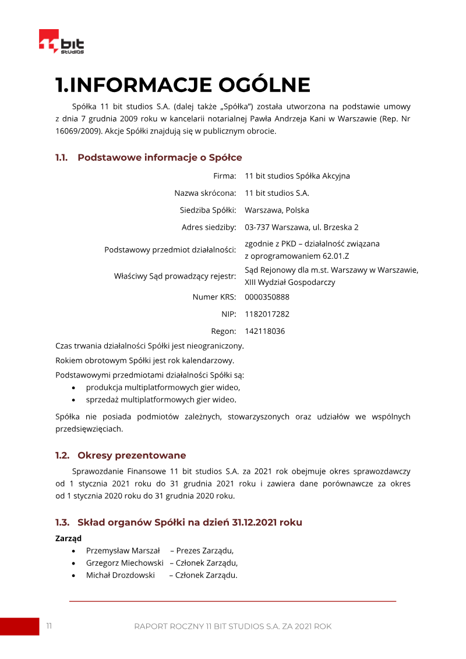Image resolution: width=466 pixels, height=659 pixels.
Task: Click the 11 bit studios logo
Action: pyautogui.click(x=61, y=42)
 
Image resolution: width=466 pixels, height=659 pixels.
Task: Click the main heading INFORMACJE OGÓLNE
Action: pyautogui.click(x=182, y=85)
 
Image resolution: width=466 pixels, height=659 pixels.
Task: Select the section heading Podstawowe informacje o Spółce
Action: pyautogui.click(x=159, y=157)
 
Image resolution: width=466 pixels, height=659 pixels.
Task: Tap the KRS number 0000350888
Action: pyautogui.click(x=267, y=297)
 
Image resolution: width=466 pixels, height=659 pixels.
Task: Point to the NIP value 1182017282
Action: pyautogui.click(x=267, y=314)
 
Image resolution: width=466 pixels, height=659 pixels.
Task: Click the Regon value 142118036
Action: pyautogui.click(x=264, y=332)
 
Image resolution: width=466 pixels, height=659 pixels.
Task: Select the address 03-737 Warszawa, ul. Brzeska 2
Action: pyautogui.click(x=301, y=227)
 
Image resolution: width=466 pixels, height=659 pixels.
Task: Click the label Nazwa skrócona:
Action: pyautogui.click(x=205, y=193)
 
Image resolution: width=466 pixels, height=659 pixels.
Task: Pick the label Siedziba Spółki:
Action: pyautogui.click(x=207, y=210)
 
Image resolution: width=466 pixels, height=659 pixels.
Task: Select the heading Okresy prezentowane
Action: pyautogui.click(x=132, y=456)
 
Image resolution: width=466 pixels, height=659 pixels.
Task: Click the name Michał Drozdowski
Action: pyautogui.click(x=121, y=576)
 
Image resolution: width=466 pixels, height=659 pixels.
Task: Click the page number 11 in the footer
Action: pyautogui.click(x=49, y=626)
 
